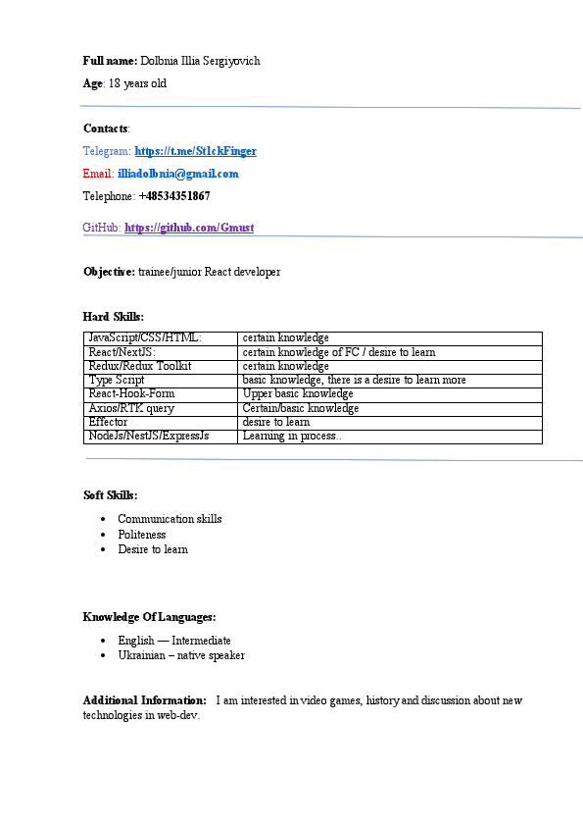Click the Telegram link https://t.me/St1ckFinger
[x=195, y=151]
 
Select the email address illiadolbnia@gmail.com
[x=177, y=174]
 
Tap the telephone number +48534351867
[x=174, y=196]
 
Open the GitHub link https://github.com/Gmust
[x=189, y=228]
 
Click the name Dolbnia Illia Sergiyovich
[x=200, y=61]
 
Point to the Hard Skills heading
[x=114, y=316]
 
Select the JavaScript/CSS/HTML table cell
[x=145, y=338]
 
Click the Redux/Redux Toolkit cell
[x=140, y=366]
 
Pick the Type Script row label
[x=117, y=380]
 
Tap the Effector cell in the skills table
[x=108, y=422]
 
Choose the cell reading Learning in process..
[x=292, y=436]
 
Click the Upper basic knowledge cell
[x=298, y=394]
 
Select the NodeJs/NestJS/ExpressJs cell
[x=149, y=436]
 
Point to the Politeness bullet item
[x=142, y=535]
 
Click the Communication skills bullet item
[x=170, y=519]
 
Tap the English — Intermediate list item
[x=174, y=641]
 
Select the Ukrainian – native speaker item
[x=181, y=655]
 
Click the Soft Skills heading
[x=111, y=495]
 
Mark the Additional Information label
[x=144, y=700]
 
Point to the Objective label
[x=109, y=272]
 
